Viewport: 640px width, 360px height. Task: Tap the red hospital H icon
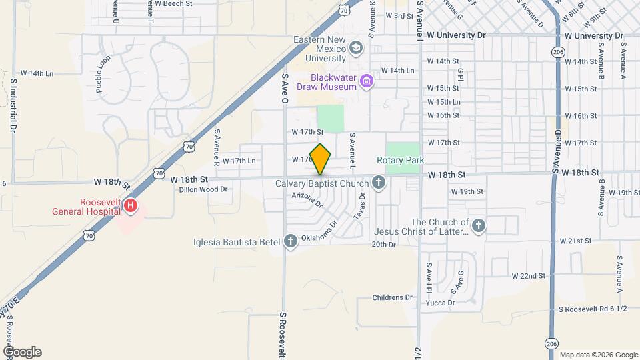click(x=131, y=206)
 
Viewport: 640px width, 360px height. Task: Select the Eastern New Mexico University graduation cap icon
click(x=357, y=48)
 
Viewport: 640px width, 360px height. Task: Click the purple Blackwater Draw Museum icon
click(x=366, y=82)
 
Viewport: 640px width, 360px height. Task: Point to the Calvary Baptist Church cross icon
click(x=379, y=183)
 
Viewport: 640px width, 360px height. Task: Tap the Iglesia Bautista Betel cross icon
click(x=290, y=241)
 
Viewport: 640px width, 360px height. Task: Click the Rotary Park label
click(x=401, y=160)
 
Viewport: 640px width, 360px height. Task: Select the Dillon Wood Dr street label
click(x=203, y=189)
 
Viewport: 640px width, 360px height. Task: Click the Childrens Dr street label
click(x=393, y=297)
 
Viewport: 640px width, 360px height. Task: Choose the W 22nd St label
click(x=529, y=275)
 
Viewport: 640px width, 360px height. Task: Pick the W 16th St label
click(x=443, y=115)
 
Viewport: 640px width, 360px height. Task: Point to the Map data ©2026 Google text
click(x=599, y=355)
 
